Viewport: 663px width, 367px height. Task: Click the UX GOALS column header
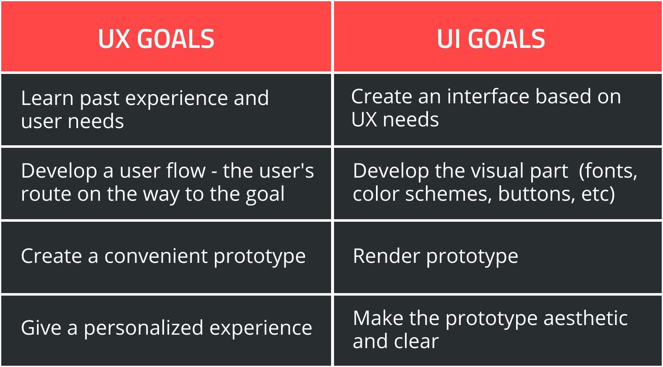point(156,39)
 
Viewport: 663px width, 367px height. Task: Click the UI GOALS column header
point(491,39)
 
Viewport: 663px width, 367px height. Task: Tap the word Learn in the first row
point(47,98)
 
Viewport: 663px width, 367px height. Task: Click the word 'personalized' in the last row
point(144,328)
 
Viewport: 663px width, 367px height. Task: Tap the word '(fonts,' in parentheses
point(608,171)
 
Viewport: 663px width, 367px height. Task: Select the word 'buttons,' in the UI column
point(536,194)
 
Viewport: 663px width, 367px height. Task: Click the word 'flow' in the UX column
point(186,171)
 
